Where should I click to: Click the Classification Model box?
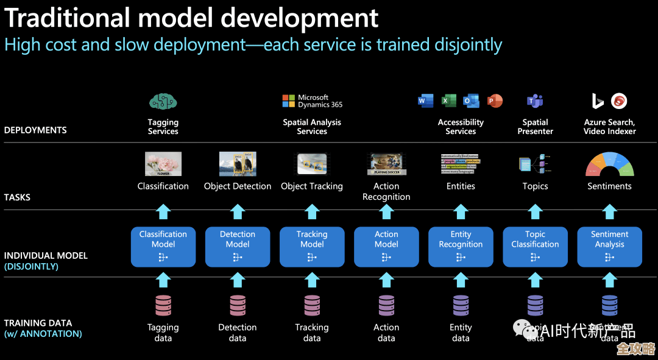163,246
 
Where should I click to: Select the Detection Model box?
238,246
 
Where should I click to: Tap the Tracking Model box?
312,246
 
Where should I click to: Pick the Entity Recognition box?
461,246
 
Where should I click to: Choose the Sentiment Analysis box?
609,246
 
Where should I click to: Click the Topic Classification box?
535,246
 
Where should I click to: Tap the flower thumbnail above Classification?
163,164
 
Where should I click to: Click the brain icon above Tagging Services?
163,102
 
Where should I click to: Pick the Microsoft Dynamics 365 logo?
312,101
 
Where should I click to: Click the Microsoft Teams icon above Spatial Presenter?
535,101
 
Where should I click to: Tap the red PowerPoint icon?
495,101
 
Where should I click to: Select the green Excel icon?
449,101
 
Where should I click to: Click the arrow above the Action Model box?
386,212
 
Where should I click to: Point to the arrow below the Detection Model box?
238,280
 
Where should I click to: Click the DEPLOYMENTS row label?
35,130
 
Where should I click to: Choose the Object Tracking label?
312,186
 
